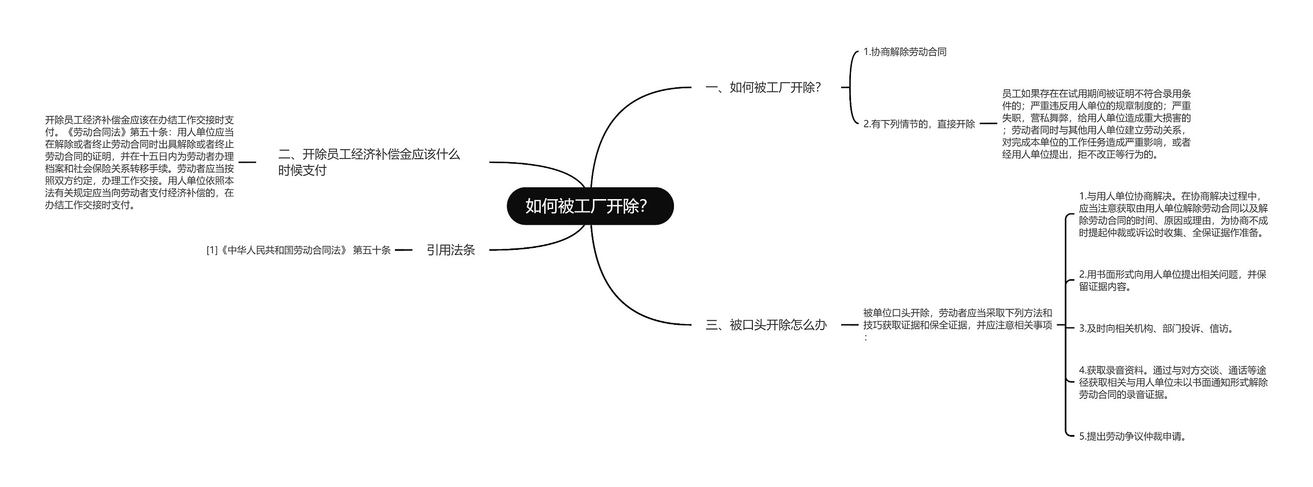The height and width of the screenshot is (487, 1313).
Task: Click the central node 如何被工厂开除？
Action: (x=589, y=206)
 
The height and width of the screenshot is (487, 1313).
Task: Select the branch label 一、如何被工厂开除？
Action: (x=763, y=88)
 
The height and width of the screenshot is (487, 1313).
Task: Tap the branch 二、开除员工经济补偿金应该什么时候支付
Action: (x=369, y=162)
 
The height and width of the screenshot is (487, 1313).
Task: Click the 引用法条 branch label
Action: (x=451, y=250)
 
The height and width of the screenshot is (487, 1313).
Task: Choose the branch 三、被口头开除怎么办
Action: (x=766, y=325)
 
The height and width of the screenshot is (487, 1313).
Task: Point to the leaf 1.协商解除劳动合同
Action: (x=905, y=52)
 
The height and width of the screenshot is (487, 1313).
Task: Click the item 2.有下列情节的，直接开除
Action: (x=919, y=124)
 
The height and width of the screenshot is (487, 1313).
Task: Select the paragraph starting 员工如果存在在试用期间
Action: (x=1096, y=124)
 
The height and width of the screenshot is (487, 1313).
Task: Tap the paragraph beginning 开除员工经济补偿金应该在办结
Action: (x=140, y=162)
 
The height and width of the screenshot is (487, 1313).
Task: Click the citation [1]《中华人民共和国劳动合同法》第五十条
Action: (x=299, y=250)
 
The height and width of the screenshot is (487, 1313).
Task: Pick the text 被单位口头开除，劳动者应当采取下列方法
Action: (x=958, y=319)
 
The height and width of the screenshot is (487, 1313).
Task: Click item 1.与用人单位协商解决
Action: (x=1173, y=215)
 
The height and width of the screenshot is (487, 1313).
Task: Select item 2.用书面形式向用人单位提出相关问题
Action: (x=1172, y=281)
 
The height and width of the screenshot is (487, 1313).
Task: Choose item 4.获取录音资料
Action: (x=1173, y=382)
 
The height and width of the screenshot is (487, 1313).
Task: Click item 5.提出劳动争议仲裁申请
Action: (x=1133, y=437)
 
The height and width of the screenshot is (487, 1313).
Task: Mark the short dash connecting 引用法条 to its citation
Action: (x=404, y=250)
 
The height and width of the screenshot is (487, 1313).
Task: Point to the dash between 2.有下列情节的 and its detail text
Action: (x=988, y=124)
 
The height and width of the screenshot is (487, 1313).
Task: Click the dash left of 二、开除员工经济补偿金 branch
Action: (x=247, y=162)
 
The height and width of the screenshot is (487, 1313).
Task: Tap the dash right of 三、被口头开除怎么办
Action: (x=849, y=325)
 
